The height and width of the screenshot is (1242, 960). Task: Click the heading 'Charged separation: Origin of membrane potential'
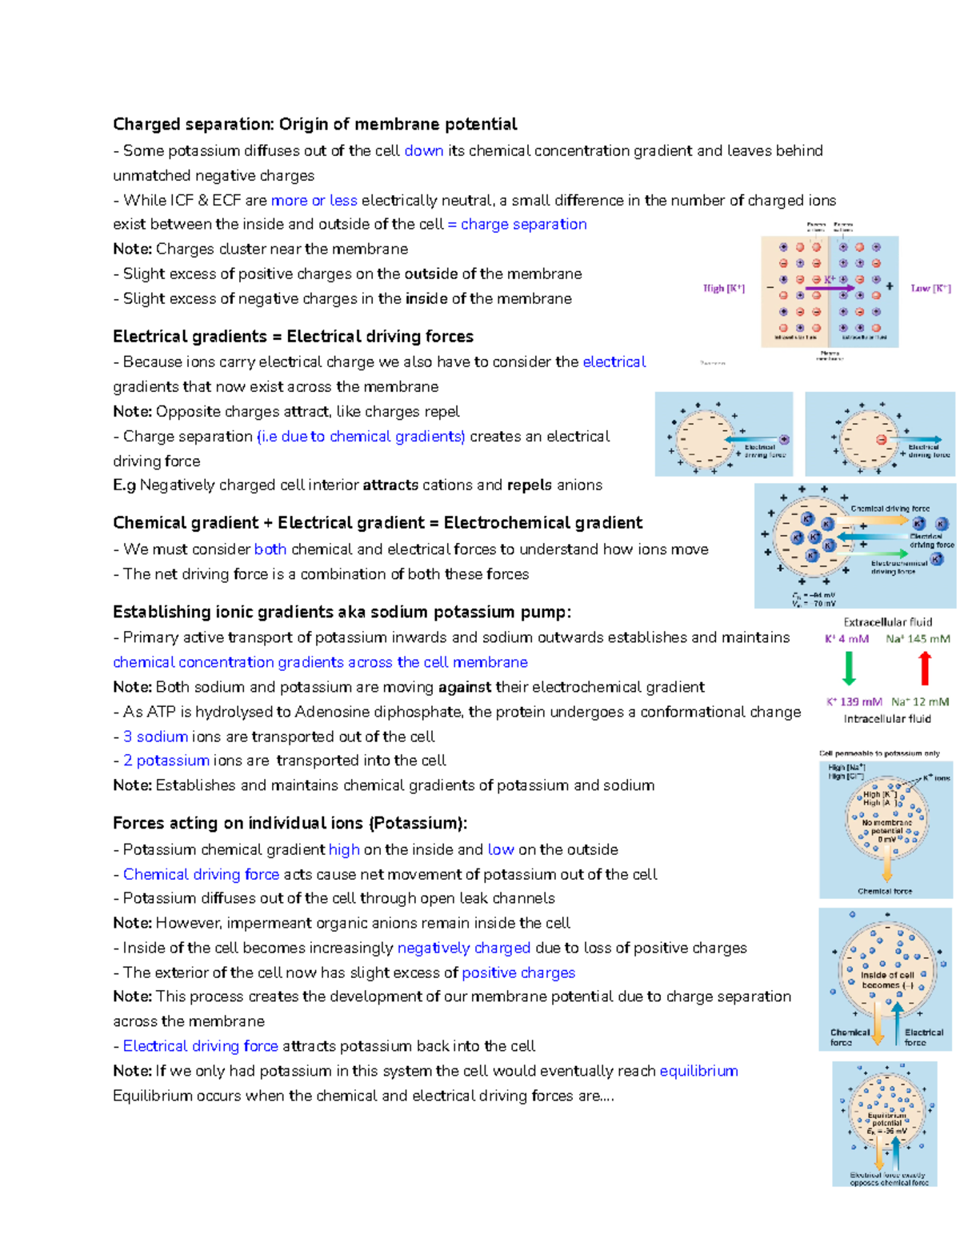pyautogui.click(x=314, y=124)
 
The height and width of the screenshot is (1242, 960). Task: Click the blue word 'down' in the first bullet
pyautogui.click(x=423, y=150)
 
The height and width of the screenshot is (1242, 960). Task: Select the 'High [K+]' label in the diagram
pyautogui.click(x=723, y=288)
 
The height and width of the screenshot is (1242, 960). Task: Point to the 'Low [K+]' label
pyautogui.click(x=930, y=288)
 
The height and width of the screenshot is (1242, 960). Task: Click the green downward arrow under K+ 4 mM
pyautogui.click(x=849, y=668)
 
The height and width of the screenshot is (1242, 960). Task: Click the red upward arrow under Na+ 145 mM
pyautogui.click(x=925, y=668)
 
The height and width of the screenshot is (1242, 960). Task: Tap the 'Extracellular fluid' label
pyautogui.click(x=887, y=621)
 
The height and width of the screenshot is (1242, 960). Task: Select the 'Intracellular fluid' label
pyautogui.click(x=887, y=718)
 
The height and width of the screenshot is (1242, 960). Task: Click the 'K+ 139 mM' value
pyautogui.click(x=854, y=701)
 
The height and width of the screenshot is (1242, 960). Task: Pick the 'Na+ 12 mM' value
pyautogui.click(x=920, y=701)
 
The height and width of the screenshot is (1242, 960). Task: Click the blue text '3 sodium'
pyautogui.click(x=155, y=736)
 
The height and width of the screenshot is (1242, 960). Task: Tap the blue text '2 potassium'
pyautogui.click(x=166, y=760)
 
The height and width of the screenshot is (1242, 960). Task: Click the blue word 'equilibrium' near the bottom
pyautogui.click(x=698, y=1070)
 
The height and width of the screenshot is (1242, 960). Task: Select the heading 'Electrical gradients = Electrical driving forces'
pyautogui.click(x=293, y=336)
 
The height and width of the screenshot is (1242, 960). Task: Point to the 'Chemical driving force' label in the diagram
pyautogui.click(x=890, y=508)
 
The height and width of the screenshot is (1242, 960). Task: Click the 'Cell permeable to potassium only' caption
pyautogui.click(x=879, y=753)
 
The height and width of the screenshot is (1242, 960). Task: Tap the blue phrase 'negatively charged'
pyautogui.click(x=464, y=948)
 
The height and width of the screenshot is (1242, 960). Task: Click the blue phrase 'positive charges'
pyautogui.click(x=518, y=972)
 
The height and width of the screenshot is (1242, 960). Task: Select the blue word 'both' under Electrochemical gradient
pyautogui.click(x=270, y=549)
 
